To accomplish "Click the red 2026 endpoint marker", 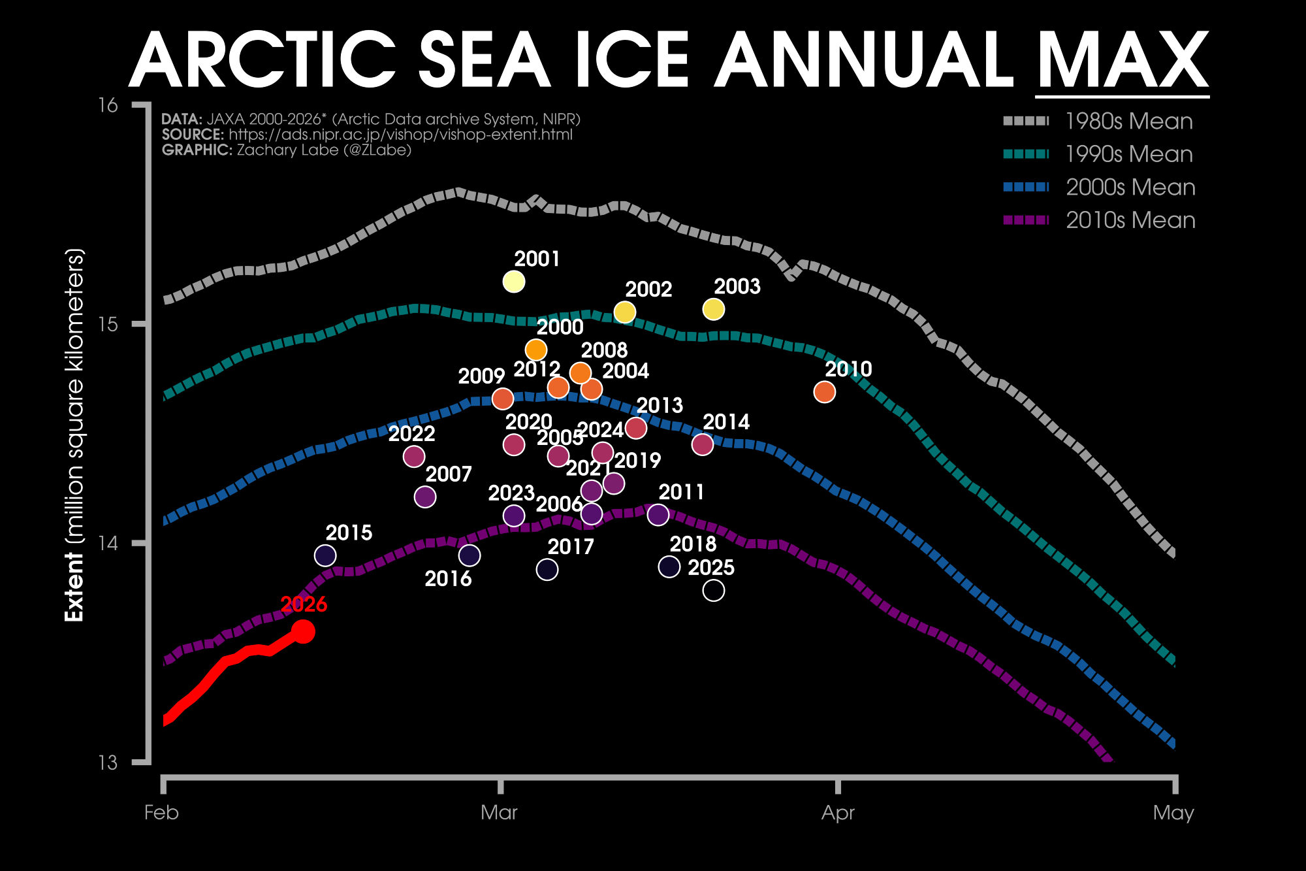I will tap(303, 631).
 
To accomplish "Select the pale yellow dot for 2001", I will tap(514, 282).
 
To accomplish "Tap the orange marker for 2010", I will tap(825, 392).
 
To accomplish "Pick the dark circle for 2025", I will tap(713, 590).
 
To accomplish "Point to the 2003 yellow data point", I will tap(713, 309).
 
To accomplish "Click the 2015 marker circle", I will tap(325, 555).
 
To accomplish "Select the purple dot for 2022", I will tap(414, 456).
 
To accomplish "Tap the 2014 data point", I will tap(702, 444).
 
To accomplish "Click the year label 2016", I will tap(448, 579).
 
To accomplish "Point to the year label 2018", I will tap(693, 544).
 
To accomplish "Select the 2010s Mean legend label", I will tap(1130, 221).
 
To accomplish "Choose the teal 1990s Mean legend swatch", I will tap(1026, 154).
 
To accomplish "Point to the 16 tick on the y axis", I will tap(108, 105).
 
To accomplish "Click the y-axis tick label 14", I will tap(108, 543).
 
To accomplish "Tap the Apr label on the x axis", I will tap(838, 813).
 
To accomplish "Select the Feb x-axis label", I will tap(161, 813).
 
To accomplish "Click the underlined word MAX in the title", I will tap(1122, 61).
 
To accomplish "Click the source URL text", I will tap(400, 135).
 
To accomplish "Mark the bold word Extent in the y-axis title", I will tap(75, 587).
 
